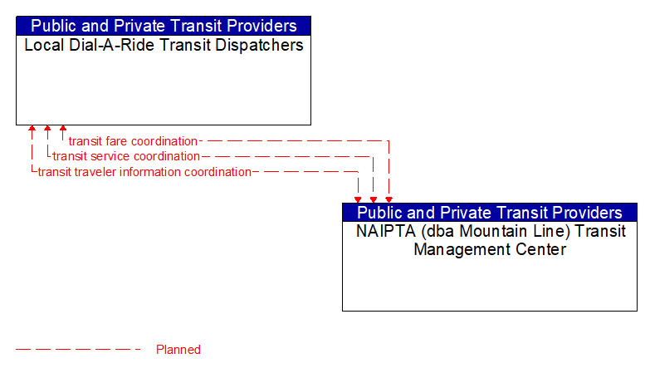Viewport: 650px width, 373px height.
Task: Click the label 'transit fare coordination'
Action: pyautogui.click(x=133, y=141)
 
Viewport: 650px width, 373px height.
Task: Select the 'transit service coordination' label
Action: pyautogui.click(x=126, y=156)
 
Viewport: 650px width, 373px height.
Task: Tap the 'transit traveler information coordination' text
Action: pyautogui.click(x=144, y=172)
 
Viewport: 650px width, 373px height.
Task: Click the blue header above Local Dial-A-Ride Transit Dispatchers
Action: pyautogui.click(x=164, y=26)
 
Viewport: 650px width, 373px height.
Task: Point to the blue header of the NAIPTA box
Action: pyautogui.click(x=490, y=212)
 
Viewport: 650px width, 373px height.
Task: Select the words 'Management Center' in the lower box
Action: pyautogui.click(x=490, y=249)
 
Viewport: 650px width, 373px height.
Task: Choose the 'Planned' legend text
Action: pyautogui.click(x=178, y=350)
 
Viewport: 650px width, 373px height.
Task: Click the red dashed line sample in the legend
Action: pyautogui.click(x=79, y=350)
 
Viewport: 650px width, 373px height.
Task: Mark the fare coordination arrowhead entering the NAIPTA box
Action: pyautogui.click(x=389, y=199)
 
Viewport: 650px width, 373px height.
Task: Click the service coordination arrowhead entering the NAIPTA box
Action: pyautogui.click(x=374, y=199)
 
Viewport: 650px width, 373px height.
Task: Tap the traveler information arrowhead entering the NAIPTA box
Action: pyautogui.click(x=358, y=199)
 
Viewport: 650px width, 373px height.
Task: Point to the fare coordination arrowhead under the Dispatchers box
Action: pyautogui.click(x=63, y=130)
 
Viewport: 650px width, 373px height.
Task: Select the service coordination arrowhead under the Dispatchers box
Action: pyautogui.click(x=47, y=130)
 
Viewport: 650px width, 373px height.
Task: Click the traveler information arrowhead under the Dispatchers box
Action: pyautogui.click(x=32, y=130)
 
